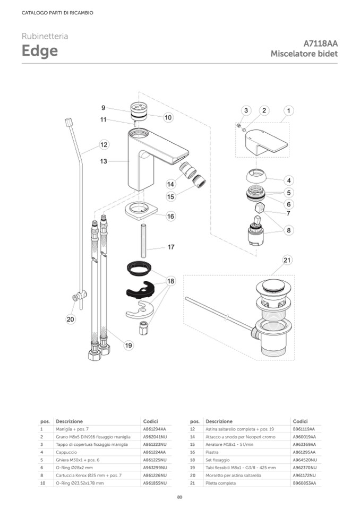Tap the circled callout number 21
pyautogui.click(x=287, y=260)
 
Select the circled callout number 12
pyautogui.click(x=104, y=144)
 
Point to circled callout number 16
pyautogui.click(x=170, y=216)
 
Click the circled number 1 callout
pyautogui.click(x=288, y=110)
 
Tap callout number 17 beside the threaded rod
pyautogui.click(x=171, y=247)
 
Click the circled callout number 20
pyautogui.click(x=71, y=319)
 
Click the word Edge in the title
pyautogui.click(x=40, y=51)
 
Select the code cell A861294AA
pyautogui.click(x=155, y=428)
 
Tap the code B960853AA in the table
pyautogui.click(x=304, y=484)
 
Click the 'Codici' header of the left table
pyautogui.click(x=150, y=421)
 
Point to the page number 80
pyautogui.click(x=179, y=497)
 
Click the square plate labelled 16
pyautogui.click(x=142, y=211)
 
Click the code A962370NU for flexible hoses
pyautogui.click(x=305, y=468)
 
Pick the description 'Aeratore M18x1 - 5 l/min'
pyautogui.click(x=230, y=444)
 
